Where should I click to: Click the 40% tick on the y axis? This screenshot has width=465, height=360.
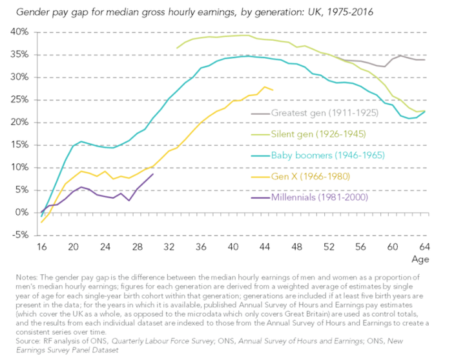click(x=19, y=32)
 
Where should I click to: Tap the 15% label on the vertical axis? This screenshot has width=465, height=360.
click(x=19, y=145)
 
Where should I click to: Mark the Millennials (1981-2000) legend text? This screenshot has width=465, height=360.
click(x=319, y=197)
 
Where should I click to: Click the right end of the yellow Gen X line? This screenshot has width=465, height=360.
click(x=273, y=90)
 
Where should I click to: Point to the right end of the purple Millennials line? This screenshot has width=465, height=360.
click(x=153, y=174)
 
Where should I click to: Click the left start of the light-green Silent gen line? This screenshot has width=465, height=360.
click(x=177, y=48)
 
